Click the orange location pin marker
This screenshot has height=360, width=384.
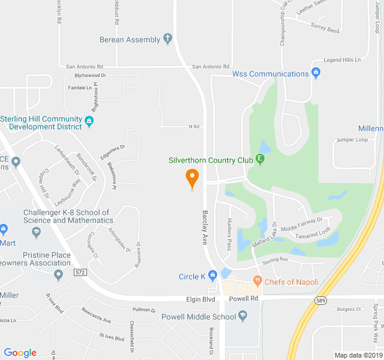[x=192, y=178]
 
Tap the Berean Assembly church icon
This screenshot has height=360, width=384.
[x=167, y=40]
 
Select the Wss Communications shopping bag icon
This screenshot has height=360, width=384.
[x=317, y=74]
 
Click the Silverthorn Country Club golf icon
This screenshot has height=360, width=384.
[x=260, y=160]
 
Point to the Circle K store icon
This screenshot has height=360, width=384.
[x=212, y=277]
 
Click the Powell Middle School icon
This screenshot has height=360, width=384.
[x=243, y=316]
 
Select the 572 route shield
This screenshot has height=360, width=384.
[x=80, y=272]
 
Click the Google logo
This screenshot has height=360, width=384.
[x=20, y=353]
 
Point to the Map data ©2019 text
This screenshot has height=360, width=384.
[x=357, y=355]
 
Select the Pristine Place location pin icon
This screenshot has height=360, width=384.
[x=58, y=275]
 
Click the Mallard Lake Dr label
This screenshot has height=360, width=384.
[x=265, y=236]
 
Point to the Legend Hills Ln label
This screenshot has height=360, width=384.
[x=341, y=60]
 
